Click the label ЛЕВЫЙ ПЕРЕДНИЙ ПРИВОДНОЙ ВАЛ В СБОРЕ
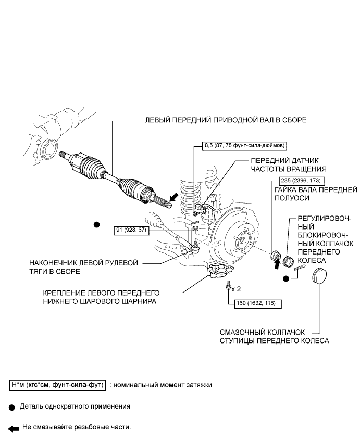225,120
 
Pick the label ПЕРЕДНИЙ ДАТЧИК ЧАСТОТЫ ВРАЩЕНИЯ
289,164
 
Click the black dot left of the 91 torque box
96,225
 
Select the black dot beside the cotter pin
286,278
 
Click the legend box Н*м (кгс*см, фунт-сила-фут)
58,385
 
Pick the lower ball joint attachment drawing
221,271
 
